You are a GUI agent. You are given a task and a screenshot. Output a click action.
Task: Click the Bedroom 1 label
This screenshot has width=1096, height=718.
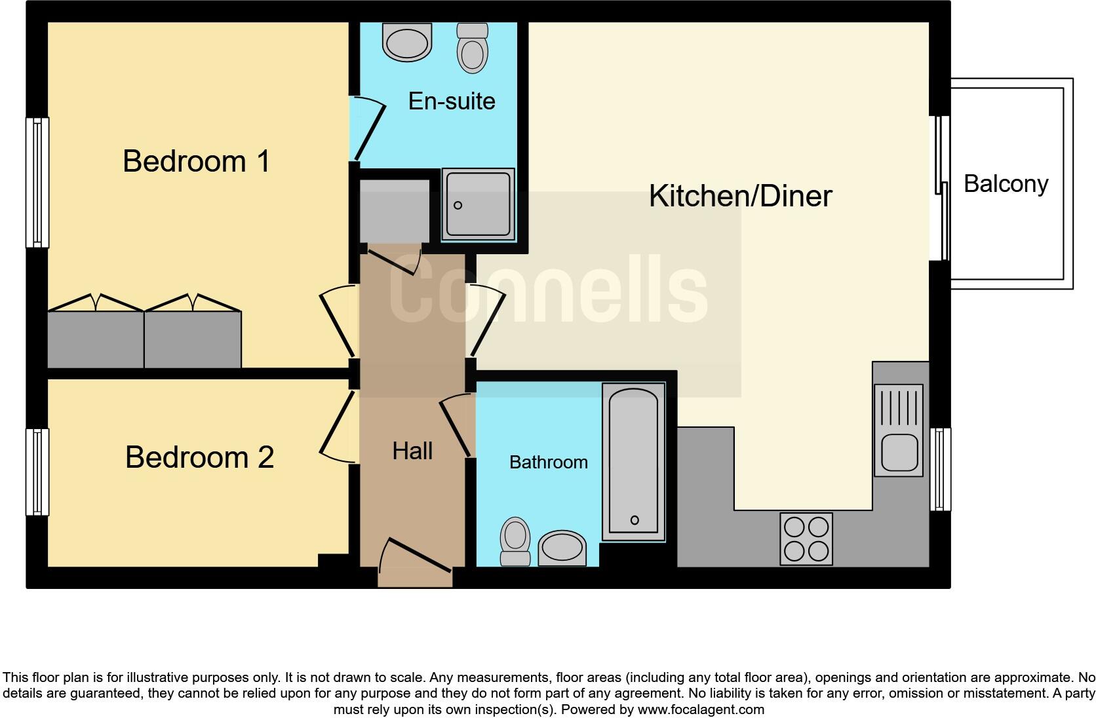tap(196, 161)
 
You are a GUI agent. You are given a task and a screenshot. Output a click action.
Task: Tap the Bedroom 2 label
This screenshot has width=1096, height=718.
tap(199, 457)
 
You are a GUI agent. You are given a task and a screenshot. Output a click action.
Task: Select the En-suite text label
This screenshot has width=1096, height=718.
tap(452, 101)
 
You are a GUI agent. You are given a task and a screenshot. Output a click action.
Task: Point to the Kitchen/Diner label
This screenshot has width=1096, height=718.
tap(740, 196)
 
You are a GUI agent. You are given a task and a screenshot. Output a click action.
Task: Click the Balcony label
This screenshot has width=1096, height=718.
tap(1006, 184)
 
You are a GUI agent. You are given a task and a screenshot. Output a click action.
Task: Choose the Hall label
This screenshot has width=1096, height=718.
tap(412, 451)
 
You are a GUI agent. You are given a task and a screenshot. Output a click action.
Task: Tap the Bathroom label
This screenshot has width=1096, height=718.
tap(548, 463)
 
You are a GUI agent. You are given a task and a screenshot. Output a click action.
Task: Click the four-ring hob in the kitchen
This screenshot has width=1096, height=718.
tap(806, 539)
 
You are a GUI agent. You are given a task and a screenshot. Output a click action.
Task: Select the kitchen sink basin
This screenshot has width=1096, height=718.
tap(899, 452)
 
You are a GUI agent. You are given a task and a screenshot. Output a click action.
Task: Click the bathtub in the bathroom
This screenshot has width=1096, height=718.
tap(633, 461)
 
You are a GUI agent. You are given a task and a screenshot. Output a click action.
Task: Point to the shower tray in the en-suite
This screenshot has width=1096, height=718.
tap(478, 205)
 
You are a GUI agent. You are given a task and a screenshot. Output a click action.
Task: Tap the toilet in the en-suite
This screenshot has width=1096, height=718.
tap(472, 48)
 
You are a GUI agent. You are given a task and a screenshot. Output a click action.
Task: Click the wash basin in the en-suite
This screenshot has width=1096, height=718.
tap(408, 43)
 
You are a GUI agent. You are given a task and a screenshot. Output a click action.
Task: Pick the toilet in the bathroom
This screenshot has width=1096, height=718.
tap(515, 540)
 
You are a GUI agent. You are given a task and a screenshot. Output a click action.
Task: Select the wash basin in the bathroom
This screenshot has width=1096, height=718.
tap(562, 548)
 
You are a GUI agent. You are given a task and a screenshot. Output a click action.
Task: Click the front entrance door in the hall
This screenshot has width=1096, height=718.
tap(415, 562)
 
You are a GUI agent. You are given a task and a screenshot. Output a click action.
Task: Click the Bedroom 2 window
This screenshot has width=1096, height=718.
tap(37, 471)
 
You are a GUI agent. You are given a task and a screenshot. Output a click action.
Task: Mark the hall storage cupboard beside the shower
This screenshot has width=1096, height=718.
tap(394, 212)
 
